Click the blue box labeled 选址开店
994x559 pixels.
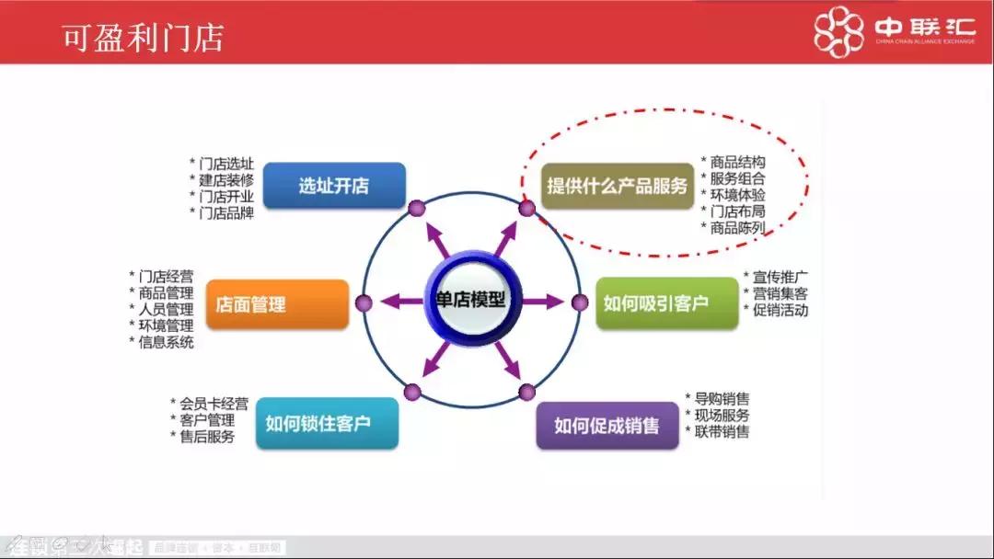(334, 186)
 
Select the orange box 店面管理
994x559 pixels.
(277, 304)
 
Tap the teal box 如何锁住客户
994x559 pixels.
(327, 424)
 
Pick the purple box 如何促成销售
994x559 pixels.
(607, 426)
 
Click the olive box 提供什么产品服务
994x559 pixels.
(617, 187)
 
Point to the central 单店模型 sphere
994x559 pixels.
(471, 301)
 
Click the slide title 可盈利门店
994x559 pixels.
(142, 38)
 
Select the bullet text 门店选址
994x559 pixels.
(225, 164)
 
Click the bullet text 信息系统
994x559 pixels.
(166, 343)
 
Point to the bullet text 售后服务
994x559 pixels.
(207, 437)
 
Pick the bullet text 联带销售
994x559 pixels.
(722, 432)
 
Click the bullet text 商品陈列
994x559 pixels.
(737, 228)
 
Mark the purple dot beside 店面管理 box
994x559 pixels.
(364, 302)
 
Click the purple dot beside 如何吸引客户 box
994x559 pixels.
(580, 302)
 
